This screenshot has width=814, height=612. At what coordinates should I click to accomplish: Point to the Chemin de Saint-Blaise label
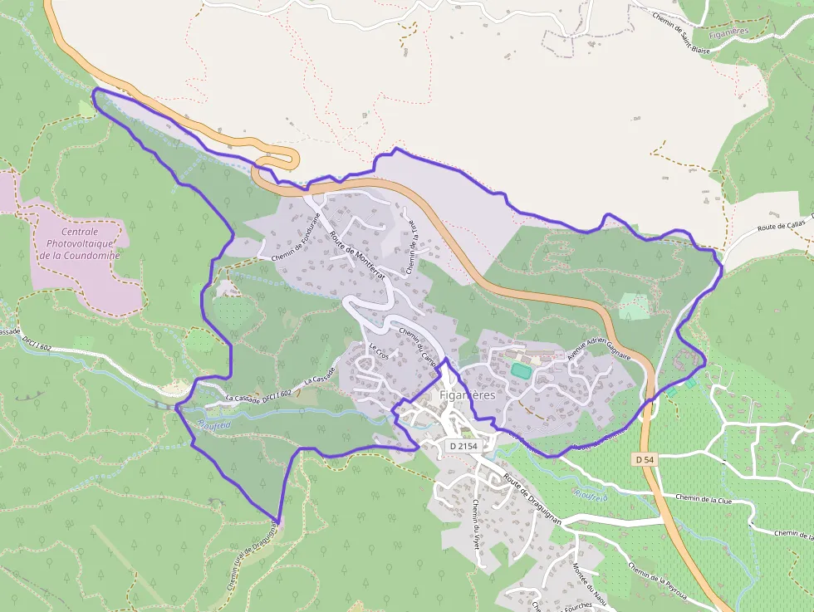pos(681,32)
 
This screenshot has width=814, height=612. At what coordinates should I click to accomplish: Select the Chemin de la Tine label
pos(410,252)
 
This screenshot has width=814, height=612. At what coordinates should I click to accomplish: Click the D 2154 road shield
pos(463,446)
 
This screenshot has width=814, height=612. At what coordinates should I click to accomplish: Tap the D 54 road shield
pos(645,459)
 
